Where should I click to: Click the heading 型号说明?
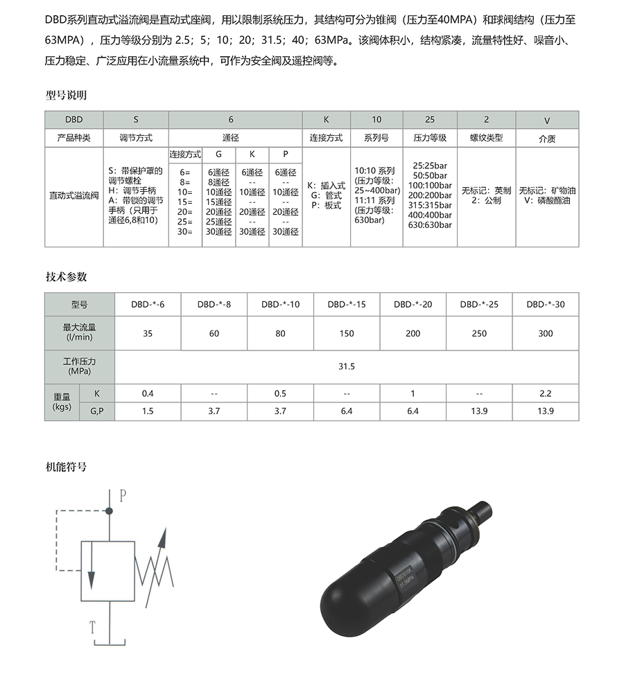click(66, 95)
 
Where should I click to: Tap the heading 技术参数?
click(66, 276)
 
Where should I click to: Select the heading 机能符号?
click(66, 467)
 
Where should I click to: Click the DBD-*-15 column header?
click(346, 304)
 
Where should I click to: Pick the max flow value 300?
click(546, 333)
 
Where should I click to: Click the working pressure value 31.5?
click(346, 366)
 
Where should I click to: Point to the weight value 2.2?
click(546, 393)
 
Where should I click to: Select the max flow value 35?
click(148, 333)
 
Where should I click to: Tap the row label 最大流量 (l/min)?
click(80, 332)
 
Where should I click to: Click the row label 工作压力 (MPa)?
click(80, 366)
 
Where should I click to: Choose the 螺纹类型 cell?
click(486, 138)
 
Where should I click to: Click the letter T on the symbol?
click(92, 628)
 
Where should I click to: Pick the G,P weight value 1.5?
click(148, 411)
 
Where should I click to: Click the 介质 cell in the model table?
click(547, 139)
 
